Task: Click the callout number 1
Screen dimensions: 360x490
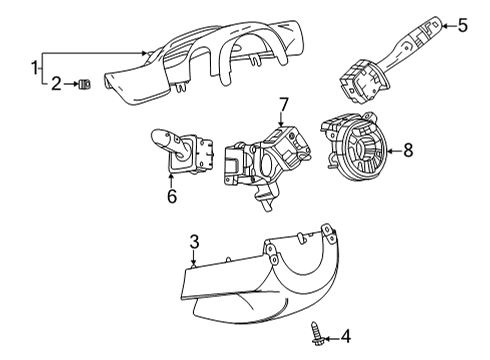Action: click(35, 67)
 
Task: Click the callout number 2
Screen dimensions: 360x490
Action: click(56, 84)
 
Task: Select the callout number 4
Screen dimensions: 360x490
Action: click(346, 337)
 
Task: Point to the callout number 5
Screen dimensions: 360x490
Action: click(462, 25)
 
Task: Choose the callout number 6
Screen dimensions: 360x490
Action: click(171, 197)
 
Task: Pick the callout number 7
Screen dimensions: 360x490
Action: click(283, 104)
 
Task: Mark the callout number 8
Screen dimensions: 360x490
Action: click(407, 151)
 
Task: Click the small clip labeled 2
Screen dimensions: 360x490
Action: click(84, 84)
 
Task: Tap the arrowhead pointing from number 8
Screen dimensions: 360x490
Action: click(389, 151)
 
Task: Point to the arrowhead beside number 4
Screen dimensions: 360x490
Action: click(329, 337)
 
